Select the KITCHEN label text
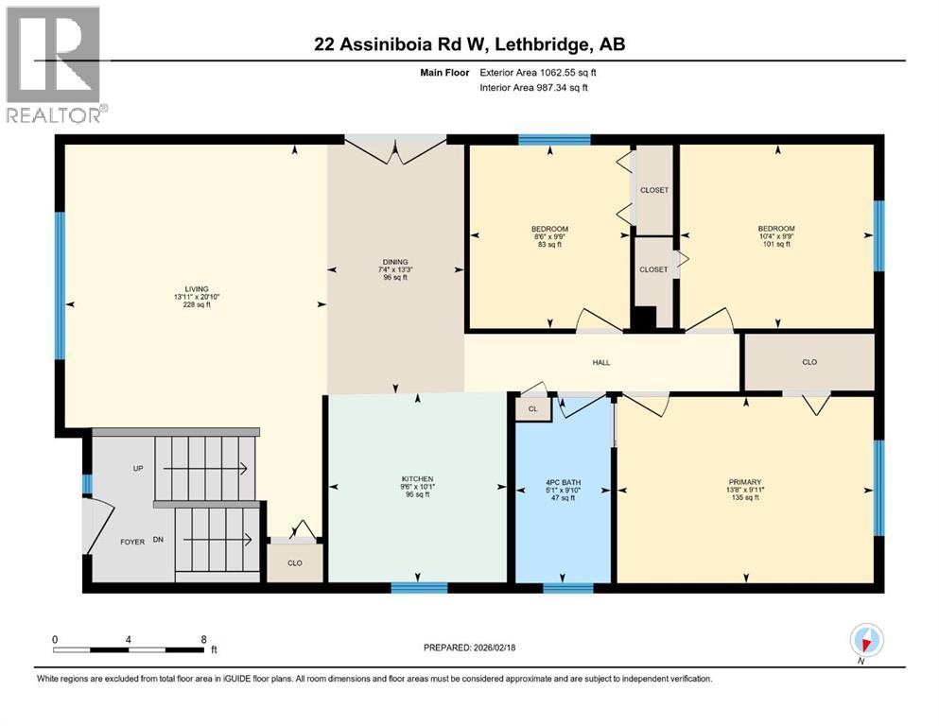(x=417, y=478)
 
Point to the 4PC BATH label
(x=563, y=482)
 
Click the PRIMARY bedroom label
(x=745, y=481)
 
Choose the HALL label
(x=601, y=362)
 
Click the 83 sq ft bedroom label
(x=549, y=229)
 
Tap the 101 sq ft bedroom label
(x=775, y=229)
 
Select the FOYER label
(x=131, y=542)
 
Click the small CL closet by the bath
(x=532, y=408)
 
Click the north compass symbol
(x=866, y=641)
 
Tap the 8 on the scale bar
(x=203, y=639)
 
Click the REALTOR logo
(x=55, y=64)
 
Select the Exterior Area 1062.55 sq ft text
(x=535, y=71)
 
